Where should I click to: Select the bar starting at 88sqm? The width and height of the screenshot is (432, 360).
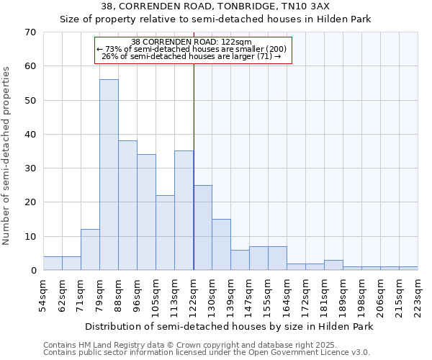point(127,205)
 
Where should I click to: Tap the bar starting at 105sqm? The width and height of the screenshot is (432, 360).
point(165,233)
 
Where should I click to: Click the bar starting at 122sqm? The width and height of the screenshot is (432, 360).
point(202,228)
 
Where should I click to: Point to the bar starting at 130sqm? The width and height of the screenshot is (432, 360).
point(221,245)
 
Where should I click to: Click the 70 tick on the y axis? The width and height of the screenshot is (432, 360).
point(30,32)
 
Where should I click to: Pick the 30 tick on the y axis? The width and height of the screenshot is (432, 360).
point(30,168)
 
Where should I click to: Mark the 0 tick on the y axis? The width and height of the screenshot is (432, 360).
point(32,271)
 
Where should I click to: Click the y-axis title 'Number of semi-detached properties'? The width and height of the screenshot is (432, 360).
point(7,156)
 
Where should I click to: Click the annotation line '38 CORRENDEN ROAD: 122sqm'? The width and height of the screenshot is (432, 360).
point(192,42)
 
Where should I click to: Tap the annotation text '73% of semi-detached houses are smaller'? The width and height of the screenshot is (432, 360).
point(192,49)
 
